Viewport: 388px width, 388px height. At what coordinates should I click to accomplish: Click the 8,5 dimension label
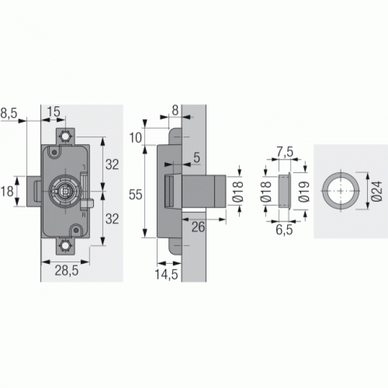click(x=12, y=112)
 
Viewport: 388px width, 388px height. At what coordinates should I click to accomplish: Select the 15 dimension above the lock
click(x=54, y=112)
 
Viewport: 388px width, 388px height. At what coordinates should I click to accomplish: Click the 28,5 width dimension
click(x=66, y=270)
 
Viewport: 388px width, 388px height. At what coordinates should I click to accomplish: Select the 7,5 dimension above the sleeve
click(x=284, y=152)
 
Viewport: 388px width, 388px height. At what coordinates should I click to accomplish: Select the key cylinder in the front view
click(x=65, y=191)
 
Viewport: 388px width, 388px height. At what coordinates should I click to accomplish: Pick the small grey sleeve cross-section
click(x=284, y=190)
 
